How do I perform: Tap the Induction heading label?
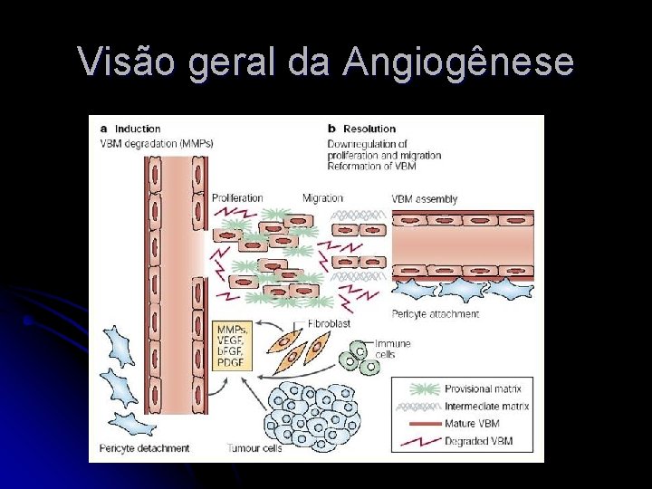[x=137, y=129]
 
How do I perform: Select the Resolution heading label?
[x=369, y=129]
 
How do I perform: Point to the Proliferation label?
[x=237, y=198]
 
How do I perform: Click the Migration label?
[x=323, y=198]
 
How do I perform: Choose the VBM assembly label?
[x=424, y=199]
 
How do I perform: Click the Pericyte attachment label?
[x=436, y=314]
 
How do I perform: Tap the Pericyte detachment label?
[x=145, y=447]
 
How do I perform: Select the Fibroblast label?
[x=329, y=322]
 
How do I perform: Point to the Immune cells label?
[x=393, y=349]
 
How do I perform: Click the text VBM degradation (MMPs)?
[x=156, y=143]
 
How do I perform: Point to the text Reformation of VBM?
[x=371, y=167]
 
